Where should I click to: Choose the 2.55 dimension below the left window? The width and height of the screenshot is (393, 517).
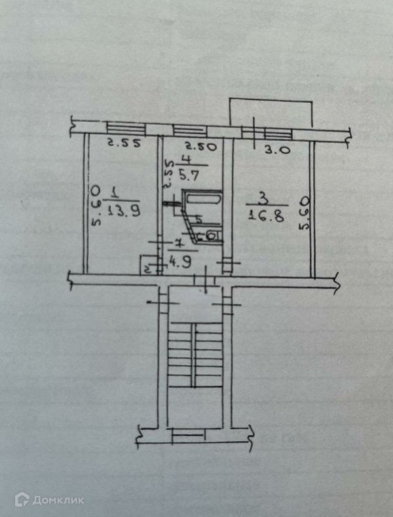(123, 145)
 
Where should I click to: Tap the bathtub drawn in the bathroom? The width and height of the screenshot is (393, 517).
(203, 198)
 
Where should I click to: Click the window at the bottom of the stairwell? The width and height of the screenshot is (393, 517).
(193, 433)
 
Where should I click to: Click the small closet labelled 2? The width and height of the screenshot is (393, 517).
(147, 268)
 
